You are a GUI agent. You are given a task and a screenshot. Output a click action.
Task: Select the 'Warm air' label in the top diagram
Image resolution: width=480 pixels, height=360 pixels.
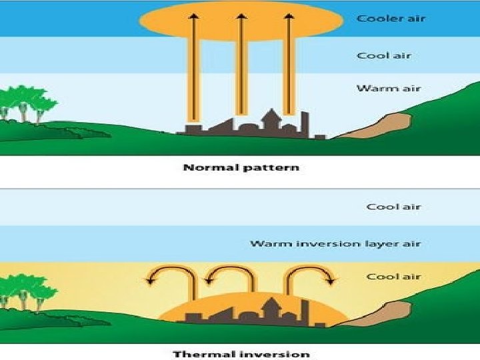pyautogui.click(x=389, y=88)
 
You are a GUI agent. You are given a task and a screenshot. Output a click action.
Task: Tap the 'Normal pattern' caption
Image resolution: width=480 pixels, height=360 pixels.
pyautogui.click(x=241, y=167)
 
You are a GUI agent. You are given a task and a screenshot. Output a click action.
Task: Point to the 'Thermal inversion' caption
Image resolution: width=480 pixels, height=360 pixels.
pyautogui.click(x=241, y=353)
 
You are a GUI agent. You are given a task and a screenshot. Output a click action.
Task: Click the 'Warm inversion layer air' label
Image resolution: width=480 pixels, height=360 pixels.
pyautogui.click(x=335, y=243)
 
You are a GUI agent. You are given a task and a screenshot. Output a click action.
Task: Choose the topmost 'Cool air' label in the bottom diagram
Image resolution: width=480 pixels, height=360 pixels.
pyautogui.click(x=393, y=207)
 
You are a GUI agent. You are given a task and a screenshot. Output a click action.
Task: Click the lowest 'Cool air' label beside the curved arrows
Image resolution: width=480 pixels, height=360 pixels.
pyautogui.click(x=393, y=277)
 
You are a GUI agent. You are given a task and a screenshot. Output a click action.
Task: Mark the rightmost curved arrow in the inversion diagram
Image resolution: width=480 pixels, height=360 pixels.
pyautogui.click(x=310, y=273)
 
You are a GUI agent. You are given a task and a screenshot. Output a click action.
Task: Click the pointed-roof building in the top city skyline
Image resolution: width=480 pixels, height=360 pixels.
pyautogui.click(x=271, y=120)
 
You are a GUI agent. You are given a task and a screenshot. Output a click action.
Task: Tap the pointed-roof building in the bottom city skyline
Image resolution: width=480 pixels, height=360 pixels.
pyautogui.click(x=271, y=308)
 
